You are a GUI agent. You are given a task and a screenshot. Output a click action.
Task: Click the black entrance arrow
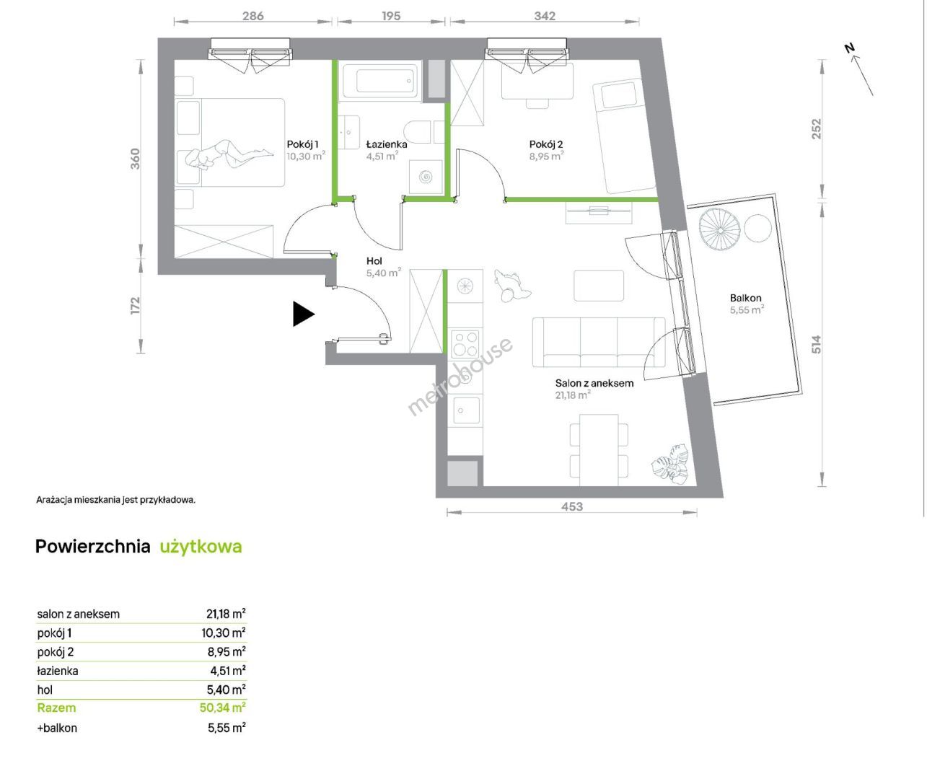coord(303,314)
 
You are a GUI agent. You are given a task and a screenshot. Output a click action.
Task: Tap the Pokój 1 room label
coord(303,144)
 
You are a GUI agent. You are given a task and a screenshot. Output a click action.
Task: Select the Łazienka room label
coord(386,144)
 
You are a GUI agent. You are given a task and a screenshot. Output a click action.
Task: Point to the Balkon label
coord(745,298)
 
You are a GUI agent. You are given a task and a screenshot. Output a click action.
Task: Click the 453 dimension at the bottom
coord(572,506)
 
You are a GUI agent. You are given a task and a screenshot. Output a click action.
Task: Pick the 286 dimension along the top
coord(253,16)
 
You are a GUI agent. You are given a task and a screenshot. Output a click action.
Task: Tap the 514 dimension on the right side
coord(817,345)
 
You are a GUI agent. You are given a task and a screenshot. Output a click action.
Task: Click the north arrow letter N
coord(850,48)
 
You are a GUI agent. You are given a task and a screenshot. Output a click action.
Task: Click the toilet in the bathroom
coord(418,132)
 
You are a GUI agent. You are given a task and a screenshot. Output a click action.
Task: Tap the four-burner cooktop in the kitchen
coord(465,343)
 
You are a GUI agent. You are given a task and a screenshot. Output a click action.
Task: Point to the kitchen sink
coord(465,410)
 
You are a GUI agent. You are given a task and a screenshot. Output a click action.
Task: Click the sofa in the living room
coord(599,342)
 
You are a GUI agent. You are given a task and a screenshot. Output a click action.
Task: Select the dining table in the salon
coord(599,449)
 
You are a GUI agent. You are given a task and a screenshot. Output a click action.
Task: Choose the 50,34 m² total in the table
coord(222,708)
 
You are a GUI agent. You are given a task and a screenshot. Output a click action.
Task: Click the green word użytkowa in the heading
coord(201,547)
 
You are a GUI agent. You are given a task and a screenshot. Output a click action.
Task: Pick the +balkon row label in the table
coord(57,728)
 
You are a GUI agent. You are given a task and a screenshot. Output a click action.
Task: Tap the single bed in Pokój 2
coord(624,136)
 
